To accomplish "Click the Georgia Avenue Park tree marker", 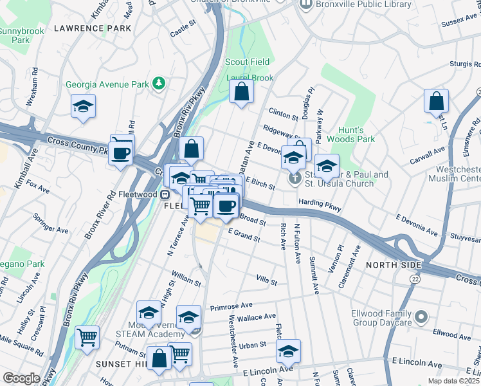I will (x=159, y=84).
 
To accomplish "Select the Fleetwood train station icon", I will (x=165, y=194).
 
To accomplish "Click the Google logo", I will (x=21, y=378).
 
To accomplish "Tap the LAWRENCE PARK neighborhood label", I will (x=93, y=28).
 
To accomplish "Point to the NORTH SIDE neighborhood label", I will (x=394, y=265).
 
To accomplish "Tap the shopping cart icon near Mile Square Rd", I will (x=87, y=337).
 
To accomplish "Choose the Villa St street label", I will (x=266, y=281).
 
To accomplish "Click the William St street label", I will (x=186, y=278).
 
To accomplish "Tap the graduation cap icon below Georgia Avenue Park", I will (x=83, y=107).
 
